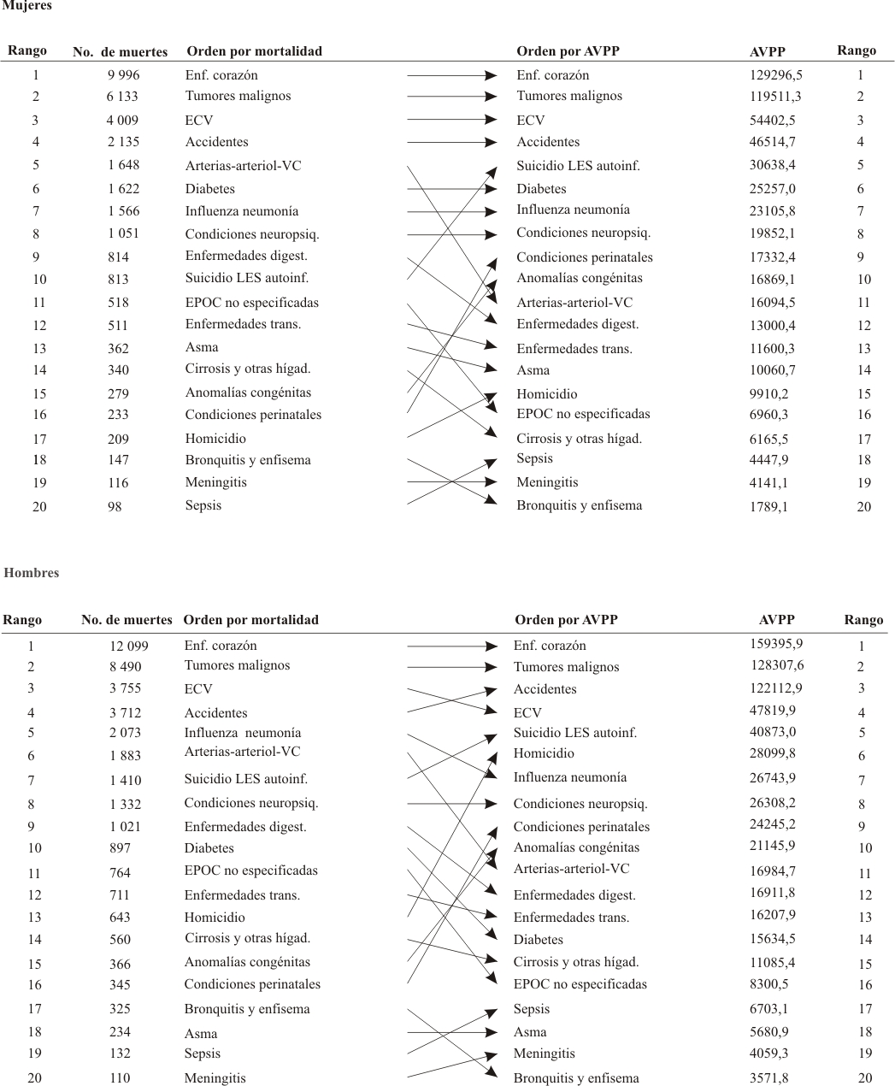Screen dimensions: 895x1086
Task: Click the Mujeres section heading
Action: coord(26,6)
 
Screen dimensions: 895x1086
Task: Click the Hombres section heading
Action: coord(32,573)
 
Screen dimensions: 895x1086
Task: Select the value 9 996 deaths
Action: coord(124,75)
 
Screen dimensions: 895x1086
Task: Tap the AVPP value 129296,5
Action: coord(776,75)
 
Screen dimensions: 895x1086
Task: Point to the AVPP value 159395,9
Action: coord(776,644)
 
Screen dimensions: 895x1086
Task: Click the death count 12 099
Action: coord(129,646)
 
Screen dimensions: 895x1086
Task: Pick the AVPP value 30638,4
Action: coord(772,165)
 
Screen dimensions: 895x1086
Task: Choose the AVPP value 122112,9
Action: coord(776,688)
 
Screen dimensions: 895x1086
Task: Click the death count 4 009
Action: coord(123,121)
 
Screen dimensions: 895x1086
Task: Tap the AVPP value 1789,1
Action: coord(768,506)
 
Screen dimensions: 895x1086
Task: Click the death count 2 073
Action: coord(126,732)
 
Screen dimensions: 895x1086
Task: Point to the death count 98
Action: coord(115,506)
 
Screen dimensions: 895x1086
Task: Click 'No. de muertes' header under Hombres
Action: coord(127,620)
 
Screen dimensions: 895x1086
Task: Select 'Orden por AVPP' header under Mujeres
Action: coord(568,51)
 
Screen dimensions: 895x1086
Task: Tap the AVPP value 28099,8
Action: coord(772,753)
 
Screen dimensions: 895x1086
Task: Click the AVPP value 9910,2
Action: coord(768,393)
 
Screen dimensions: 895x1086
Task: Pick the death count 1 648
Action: coord(124,165)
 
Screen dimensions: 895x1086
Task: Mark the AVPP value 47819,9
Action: coord(772,711)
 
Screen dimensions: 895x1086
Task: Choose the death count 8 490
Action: coord(126,666)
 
